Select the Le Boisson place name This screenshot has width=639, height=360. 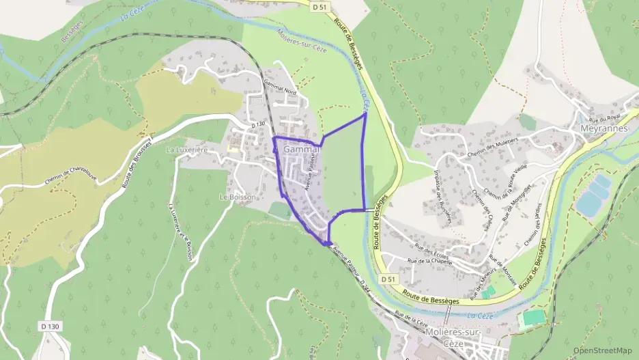[236, 197]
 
